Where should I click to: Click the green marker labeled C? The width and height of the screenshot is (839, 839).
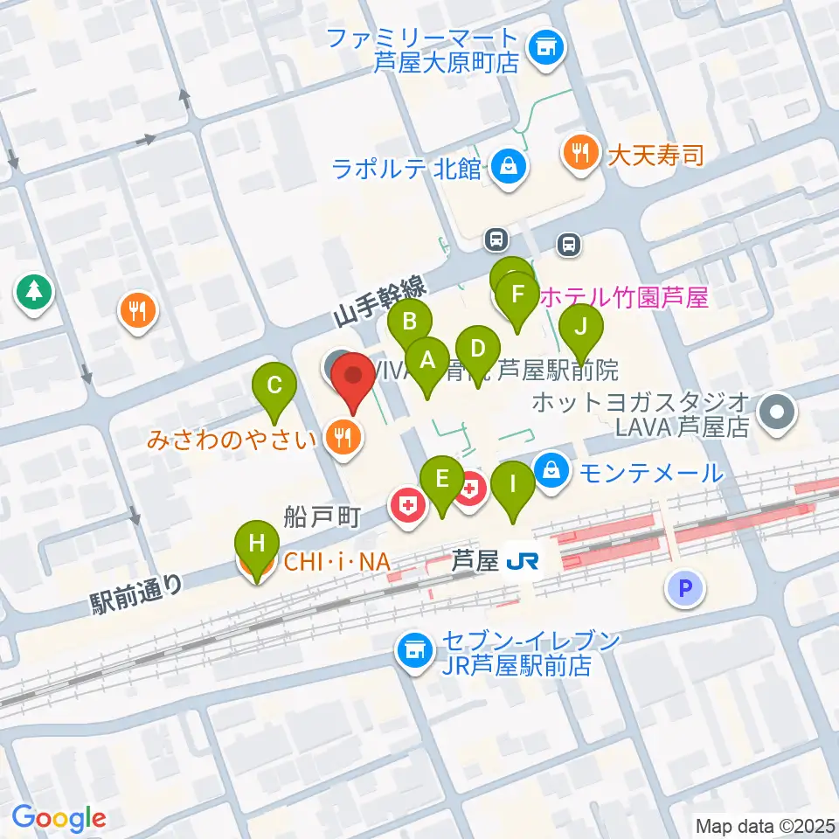pyautogui.click(x=274, y=385)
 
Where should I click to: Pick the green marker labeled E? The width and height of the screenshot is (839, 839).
pyautogui.click(x=441, y=479)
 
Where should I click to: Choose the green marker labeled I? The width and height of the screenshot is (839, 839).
pyautogui.click(x=513, y=481)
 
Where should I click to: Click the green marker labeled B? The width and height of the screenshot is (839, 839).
pyautogui.click(x=408, y=322)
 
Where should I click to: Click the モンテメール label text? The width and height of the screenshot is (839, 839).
pyautogui.click(x=653, y=474)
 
